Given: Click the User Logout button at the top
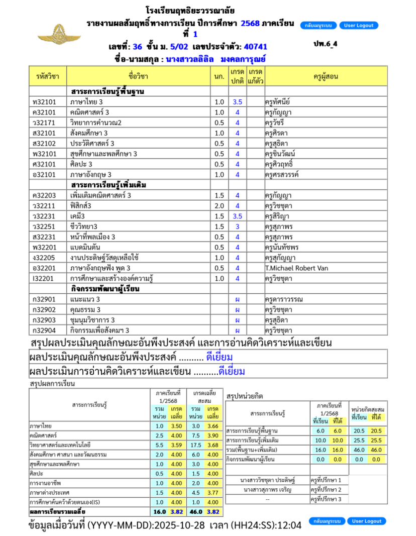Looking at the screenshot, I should coord(359,26).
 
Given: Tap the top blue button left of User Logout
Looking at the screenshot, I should coord(319,26).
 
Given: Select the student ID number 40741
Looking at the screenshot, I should coord(255,47).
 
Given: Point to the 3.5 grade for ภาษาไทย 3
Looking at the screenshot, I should coord(237,102).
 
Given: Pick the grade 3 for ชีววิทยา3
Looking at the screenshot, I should coord(237,226).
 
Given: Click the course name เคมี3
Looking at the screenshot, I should coord(77,216).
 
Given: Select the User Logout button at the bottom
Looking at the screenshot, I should coord(366,521).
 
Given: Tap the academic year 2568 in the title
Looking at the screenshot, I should coord(250,24).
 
